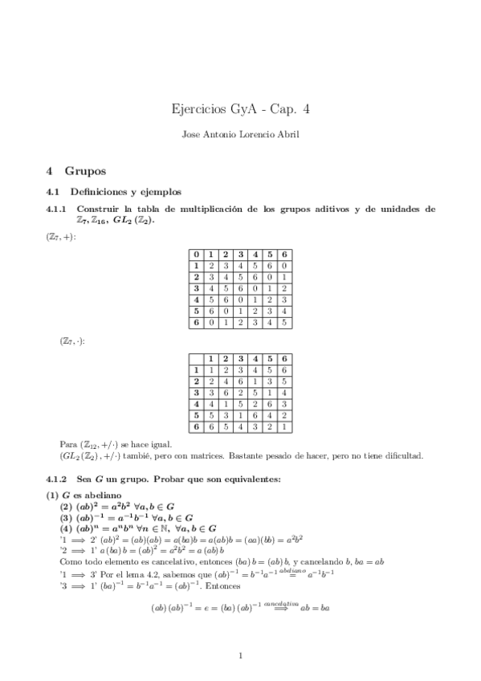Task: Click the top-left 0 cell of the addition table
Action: (x=196, y=255)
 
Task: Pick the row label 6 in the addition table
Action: (x=196, y=323)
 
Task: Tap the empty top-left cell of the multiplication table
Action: (x=196, y=357)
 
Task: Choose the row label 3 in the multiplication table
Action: (x=196, y=392)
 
